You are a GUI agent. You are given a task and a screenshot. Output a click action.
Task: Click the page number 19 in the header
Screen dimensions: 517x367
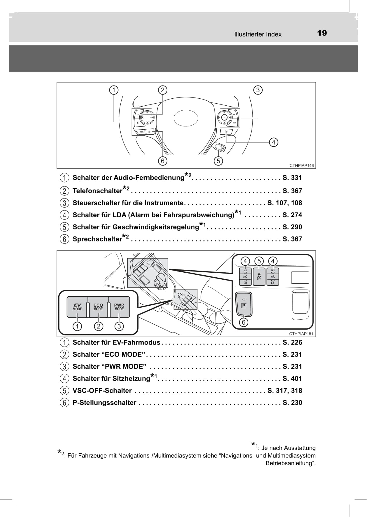point(322,33)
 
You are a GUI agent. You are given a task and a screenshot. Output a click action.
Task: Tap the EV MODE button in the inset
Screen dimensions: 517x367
point(77,307)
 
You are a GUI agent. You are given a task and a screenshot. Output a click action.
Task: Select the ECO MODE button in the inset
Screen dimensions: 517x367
point(98,307)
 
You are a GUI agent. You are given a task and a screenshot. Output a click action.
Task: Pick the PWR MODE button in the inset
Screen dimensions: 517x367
point(119,307)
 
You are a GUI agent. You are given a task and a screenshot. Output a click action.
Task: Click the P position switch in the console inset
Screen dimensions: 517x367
point(244,304)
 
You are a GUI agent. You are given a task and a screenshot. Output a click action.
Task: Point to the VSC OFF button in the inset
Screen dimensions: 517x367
point(259,276)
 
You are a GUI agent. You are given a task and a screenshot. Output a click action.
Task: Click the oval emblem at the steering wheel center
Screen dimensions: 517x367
point(186,118)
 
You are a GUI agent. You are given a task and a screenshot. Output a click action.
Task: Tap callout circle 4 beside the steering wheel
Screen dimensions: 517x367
point(273,142)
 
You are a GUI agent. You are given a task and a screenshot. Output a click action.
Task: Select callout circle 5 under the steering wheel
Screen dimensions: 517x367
point(218,161)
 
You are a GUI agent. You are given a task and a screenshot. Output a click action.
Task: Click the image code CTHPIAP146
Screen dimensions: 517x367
point(301,166)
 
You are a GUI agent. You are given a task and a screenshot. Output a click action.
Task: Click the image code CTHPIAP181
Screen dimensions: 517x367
point(301,334)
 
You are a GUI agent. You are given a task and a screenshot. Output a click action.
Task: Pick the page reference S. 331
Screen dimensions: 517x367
point(292,177)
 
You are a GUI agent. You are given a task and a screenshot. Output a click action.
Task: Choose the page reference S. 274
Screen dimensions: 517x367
point(292,215)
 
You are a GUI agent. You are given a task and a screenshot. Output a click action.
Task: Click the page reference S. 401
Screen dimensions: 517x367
point(292,378)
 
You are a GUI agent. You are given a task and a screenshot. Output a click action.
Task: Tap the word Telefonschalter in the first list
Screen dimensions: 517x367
point(97,191)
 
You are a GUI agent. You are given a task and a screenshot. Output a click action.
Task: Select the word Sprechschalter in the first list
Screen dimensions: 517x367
point(97,239)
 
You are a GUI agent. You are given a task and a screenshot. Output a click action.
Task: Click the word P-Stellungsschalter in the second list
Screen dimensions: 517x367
point(104,403)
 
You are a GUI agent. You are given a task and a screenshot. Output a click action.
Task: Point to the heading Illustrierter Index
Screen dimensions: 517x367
point(258,34)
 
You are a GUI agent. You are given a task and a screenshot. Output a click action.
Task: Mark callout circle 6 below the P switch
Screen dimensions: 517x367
point(244,323)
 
